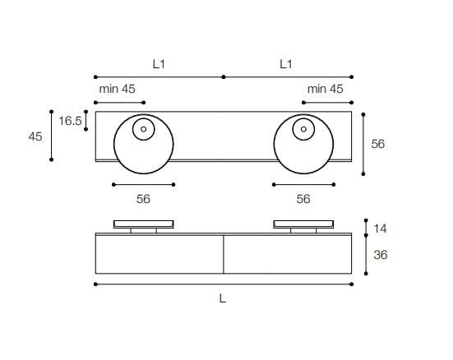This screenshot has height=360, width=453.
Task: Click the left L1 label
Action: click(159, 63)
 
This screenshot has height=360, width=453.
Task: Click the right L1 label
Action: click(287, 63)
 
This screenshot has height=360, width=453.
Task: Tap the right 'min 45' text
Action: click(325, 89)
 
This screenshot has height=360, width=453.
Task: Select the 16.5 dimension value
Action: click(70, 121)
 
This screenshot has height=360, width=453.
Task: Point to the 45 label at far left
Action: click(35, 136)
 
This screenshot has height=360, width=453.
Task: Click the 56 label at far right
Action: click(378, 144)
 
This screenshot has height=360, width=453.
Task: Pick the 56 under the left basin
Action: click(143, 199)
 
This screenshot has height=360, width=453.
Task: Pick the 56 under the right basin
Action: click(303, 199)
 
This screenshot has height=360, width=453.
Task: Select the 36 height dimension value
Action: click(380, 256)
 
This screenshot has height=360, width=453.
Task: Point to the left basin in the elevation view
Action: click(143, 223)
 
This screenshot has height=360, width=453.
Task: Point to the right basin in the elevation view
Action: click(303, 223)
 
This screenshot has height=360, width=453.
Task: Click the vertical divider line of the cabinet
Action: click(224, 254)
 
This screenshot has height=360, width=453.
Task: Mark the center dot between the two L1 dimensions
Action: click(224, 76)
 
